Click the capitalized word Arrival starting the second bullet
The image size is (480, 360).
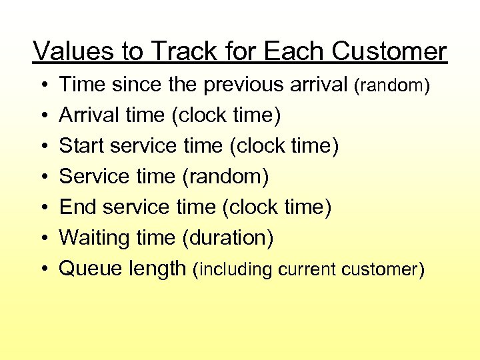pos(89,115)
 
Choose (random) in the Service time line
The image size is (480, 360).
pos(225,177)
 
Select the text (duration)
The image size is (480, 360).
pos(227,238)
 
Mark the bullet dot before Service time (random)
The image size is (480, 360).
pos(42,177)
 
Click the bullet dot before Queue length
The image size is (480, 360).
pos(42,269)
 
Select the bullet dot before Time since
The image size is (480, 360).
pos(42,85)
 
